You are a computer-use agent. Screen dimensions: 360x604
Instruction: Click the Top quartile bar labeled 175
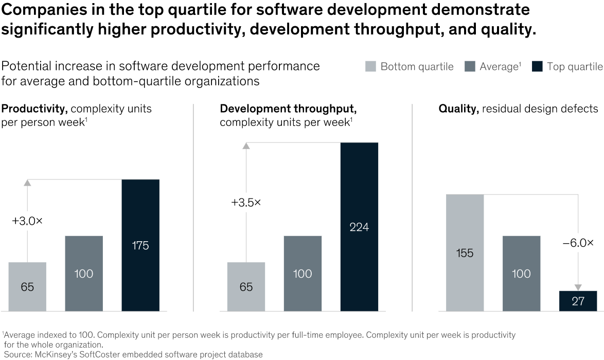pyautogui.click(x=140, y=245)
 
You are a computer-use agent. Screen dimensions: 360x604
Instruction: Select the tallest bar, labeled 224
pyautogui.click(x=359, y=227)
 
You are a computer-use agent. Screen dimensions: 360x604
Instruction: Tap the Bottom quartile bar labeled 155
pyautogui.click(x=465, y=253)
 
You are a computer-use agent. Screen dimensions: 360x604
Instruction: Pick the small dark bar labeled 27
pyautogui.click(x=578, y=301)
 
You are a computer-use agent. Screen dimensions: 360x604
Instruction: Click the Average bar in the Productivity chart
pyautogui.click(x=84, y=273)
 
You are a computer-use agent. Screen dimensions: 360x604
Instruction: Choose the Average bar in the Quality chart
pyautogui.click(x=521, y=273)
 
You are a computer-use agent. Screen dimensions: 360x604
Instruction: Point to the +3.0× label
pyautogui.click(x=27, y=221)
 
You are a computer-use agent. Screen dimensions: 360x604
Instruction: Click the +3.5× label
pyautogui.click(x=246, y=203)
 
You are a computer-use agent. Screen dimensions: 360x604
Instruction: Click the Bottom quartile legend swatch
pyautogui.click(x=370, y=66)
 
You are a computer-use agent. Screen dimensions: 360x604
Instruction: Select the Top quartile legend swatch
pyautogui.click(x=537, y=66)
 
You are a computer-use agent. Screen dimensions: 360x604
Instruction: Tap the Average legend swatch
pyautogui.click(x=470, y=66)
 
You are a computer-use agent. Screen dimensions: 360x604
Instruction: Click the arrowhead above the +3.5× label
pyautogui.click(x=246, y=146)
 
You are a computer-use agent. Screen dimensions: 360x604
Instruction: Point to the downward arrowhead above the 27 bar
pyautogui.click(x=578, y=287)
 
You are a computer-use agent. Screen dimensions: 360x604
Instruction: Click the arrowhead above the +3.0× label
pyautogui.click(x=27, y=183)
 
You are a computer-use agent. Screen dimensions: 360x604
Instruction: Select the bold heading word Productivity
pyautogui.click(x=34, y=109)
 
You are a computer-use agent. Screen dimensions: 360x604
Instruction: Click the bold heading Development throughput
pyautogui.click(x=288, y=109)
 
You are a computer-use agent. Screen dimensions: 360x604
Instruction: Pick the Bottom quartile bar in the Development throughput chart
pyautogui.click(x=246, y=286)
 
